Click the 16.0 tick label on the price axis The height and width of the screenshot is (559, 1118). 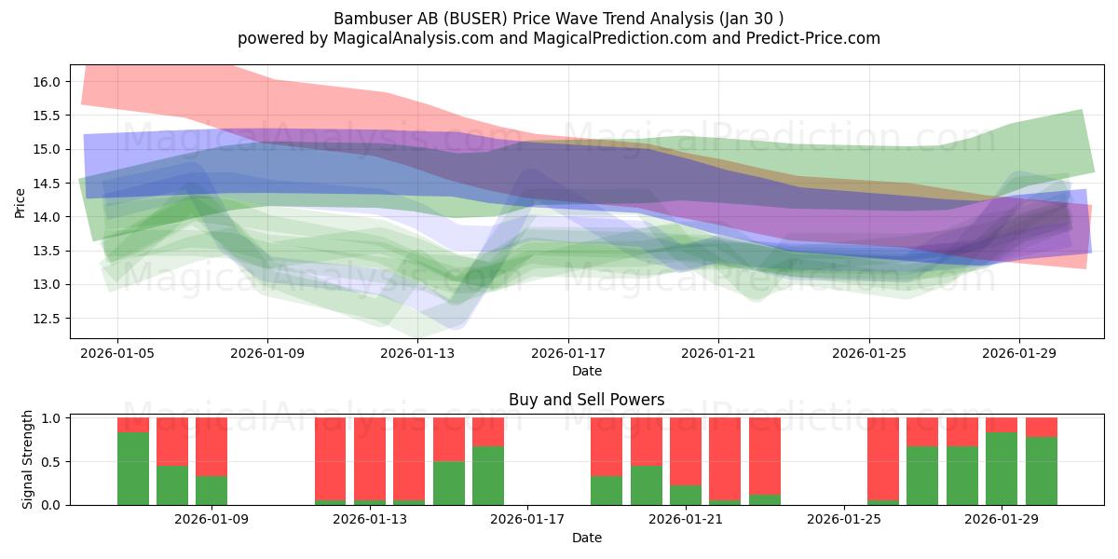click(47, 82)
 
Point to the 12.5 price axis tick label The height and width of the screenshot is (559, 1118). click(47, 319)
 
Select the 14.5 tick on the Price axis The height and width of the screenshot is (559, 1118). click(47, 184)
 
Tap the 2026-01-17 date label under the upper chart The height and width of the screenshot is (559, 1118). click(568, 353)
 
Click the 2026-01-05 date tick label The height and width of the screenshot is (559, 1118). click(117, 353)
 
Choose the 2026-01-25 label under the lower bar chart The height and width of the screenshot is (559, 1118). click(843, 519)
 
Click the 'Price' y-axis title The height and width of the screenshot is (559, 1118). click(20, 203)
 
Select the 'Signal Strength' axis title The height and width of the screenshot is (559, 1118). click(27, 459)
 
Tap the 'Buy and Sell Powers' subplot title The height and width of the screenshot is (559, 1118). click(586, 400)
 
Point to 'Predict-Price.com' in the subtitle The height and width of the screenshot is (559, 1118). click(813, 38)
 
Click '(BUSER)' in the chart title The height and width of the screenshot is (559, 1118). click(478, 19)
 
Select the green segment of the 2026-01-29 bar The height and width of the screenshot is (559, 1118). click(1002, 469)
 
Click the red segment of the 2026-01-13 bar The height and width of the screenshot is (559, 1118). click(370, 458)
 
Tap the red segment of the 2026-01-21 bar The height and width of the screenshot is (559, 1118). click(686, 451)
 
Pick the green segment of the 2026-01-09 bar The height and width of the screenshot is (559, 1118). click(211, 491)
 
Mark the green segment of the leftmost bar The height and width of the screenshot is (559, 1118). click(132, 469)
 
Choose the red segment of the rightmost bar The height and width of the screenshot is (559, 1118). click(1042, 428)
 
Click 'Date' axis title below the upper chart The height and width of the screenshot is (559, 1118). click(586, 371)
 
